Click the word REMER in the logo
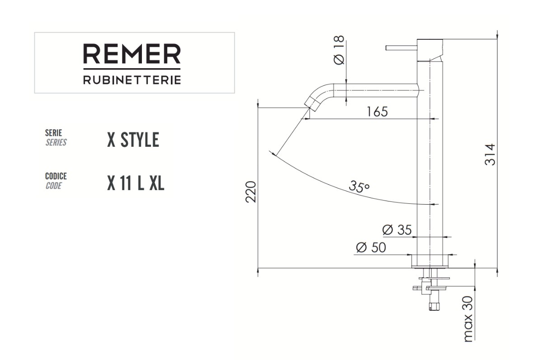tap(131, 54)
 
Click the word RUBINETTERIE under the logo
tap(132, 80)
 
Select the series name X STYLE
tap(133, 140)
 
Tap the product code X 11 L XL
tap(136, 183)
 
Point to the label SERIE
tap(54, 133)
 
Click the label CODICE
tap(56, 176)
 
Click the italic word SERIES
tap(56, 142)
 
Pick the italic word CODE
tap(54, 186)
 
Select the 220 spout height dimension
tap(251, 192)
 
